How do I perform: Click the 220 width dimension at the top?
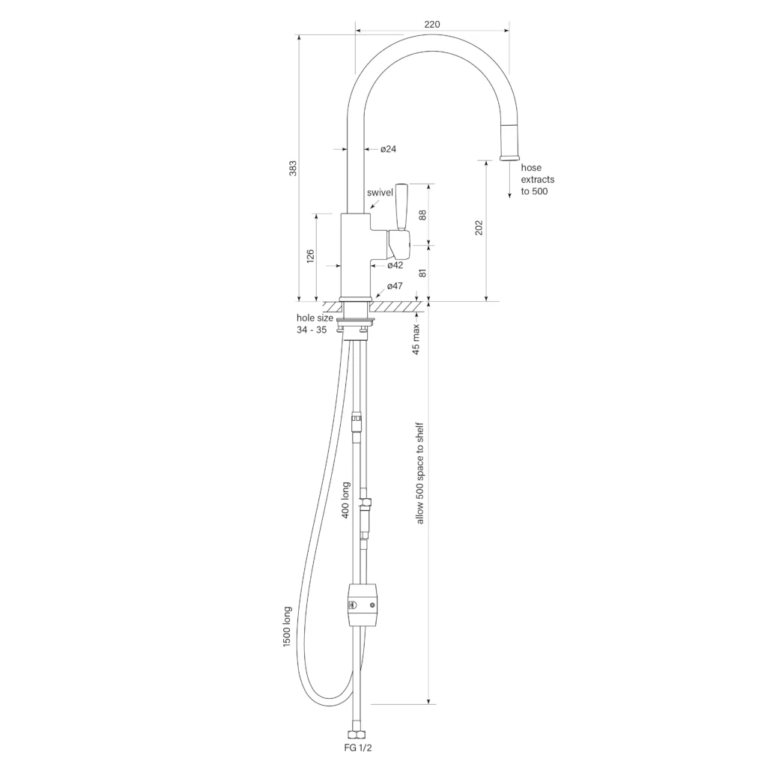[432, 25]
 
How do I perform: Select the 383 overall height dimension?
[293, 168]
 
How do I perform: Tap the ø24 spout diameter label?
[389, 149]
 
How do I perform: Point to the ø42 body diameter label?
[395, 265]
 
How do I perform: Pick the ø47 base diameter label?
[395, 285]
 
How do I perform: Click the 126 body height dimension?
[310, 256]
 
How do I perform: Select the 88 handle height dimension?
[422, 215]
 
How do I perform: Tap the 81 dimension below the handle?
[422, 273]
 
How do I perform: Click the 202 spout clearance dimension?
[479, 228]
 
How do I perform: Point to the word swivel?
[380, 192]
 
